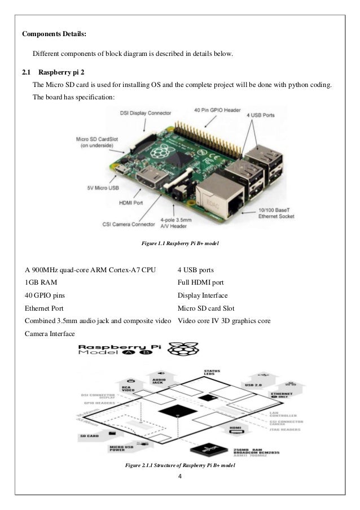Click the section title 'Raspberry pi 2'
click(63, 72)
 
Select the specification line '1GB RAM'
click(41, 281)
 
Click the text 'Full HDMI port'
click(200, 281)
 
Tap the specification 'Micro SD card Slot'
click(206, 308)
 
